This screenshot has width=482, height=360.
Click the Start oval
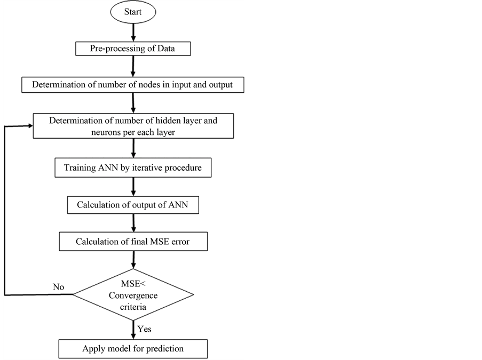(x=133, y=12)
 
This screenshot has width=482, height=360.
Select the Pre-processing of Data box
(x=133, y=49)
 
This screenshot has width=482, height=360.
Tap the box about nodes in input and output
(x=133, y=84)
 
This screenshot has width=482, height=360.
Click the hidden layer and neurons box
(x=133, y=126)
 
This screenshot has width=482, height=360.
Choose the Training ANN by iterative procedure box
(x=133, y=168)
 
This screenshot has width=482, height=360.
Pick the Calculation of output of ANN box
(x=133, y=205)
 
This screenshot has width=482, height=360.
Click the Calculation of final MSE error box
(x=133, y=242)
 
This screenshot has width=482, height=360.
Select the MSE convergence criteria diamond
(x=133, y=294)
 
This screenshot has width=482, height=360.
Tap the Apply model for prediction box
(x=133, y=349)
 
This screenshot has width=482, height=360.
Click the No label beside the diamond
(x=58, y=287)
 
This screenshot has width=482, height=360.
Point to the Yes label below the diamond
(x=144, y=329)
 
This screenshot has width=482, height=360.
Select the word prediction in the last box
(x=163, y=349)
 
